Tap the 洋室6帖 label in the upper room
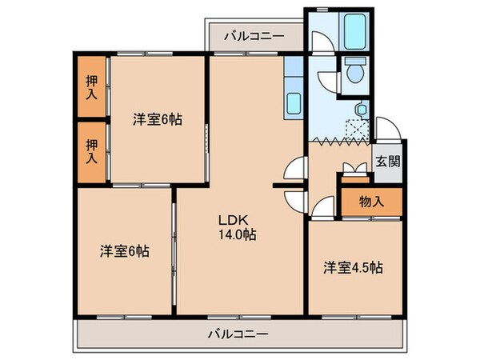pyautogui.click(x=158, y=119)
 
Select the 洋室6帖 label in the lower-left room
pyautogui.click(x=125, y=250)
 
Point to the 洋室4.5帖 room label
pyautogui.click(x=353, y=266)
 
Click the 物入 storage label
pyautogui.click(x=371, y=200)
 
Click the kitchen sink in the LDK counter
pyautogui.click(x=294, y=102)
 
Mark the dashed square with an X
pyautogui.click(x=354, y=128)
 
